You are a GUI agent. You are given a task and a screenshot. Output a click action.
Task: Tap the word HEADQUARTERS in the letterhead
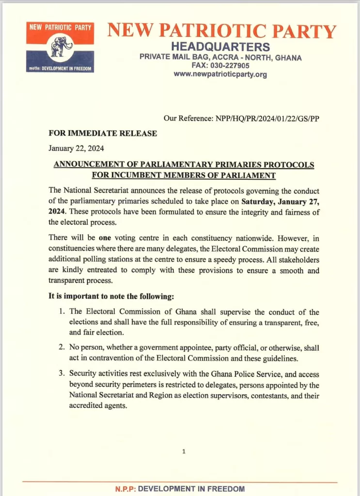[220, 47]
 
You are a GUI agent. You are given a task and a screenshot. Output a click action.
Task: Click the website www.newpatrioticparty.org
[220, 75]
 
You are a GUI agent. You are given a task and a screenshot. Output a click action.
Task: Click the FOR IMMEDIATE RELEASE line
[103, 133]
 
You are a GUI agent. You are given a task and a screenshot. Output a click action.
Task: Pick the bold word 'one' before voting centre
[105, 238]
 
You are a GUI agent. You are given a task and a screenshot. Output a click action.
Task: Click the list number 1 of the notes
[62, 312]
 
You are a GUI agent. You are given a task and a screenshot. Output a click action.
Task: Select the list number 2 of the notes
[62, 348]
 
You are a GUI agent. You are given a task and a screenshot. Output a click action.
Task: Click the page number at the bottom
[184, 451]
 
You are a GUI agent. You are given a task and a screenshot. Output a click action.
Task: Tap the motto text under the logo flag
[61, 68]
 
